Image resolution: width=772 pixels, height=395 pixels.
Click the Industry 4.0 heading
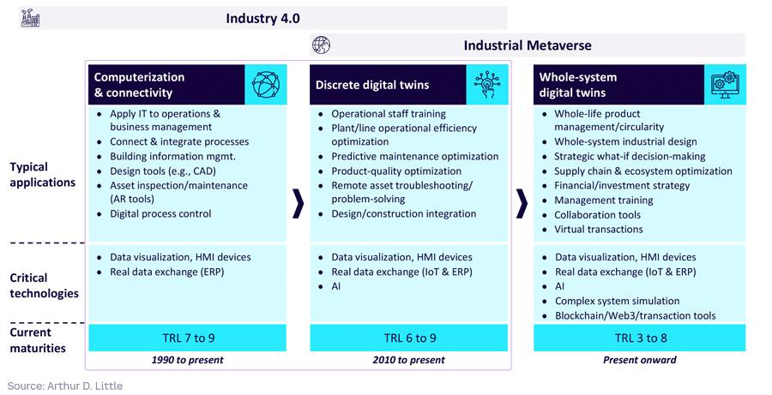pyautogui.click(x=263, y=18)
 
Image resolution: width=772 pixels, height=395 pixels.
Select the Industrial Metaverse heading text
pyautogui.click(x=528, y=45)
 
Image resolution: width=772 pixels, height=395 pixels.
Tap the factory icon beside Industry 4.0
pyautogui.click(x=30, y=17)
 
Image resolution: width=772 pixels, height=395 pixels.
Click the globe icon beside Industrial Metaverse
pyautogui.click(x=321, y=45)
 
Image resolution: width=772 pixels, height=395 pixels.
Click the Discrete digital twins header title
pyautogui.click(x=372, y=85)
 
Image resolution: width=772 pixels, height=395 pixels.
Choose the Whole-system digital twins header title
pyautogui.click(x=578, y=85)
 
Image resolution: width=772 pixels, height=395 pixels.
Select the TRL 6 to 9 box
pyautogui.click(x=409, y=338)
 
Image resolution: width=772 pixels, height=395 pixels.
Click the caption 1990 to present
pyautogui.click(x=188, y=360)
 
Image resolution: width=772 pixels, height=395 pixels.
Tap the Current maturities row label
pyautogui.click(x=39, y=339)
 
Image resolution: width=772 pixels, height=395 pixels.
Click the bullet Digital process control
pyautogui.click(x=160, y=214)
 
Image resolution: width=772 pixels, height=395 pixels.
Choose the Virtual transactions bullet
pyautogui.click(x=598, y=230)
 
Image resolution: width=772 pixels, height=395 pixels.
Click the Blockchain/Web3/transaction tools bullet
pyautogui.click(x=635, y=315)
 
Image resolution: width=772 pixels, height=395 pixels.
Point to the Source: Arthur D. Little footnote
pyautogui.click(x=65, y=386)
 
